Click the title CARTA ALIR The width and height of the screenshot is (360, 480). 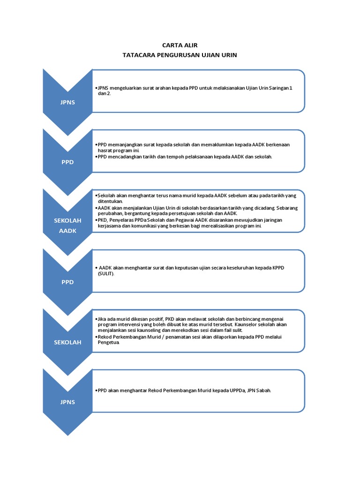pyautogui.click(x=180, y=45)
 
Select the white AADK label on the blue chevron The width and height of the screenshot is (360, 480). pyautogui.click(x=67, y=231)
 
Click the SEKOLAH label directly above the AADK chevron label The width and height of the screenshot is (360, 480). pyautogui.click(x=67, y=220)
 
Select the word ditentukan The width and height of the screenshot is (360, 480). pyautogui.click(x=111, y=201)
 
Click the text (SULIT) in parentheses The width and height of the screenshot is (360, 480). pyautogui.click(x=106, y=273)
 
